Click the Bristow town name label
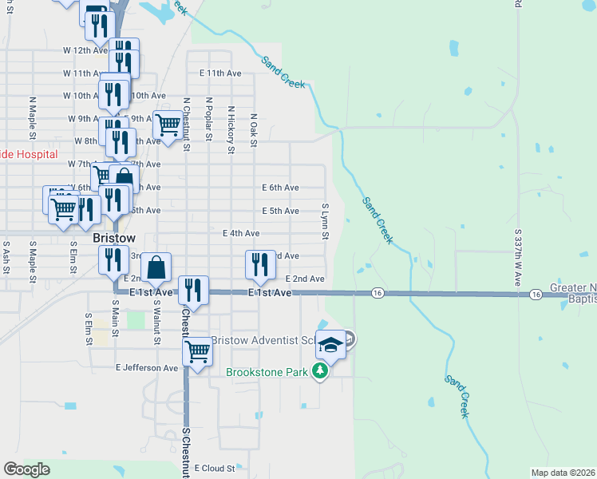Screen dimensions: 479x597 click(x=113, y=238)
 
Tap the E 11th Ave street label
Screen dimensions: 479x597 click(x=219, y=73)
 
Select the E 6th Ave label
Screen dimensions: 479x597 click(x=280, y=188)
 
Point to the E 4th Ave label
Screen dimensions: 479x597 click(x=241, y=233)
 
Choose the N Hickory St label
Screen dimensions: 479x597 click(x=230, y=129)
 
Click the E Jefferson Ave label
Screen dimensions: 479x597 click(x=147, y=368)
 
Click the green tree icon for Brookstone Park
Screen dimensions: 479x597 click(x=320, y=371)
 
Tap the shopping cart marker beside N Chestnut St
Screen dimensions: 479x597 click(x=168, y=125)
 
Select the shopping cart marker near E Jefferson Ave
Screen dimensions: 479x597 click(x=198, y=351)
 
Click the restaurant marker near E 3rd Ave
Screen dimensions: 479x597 click(x=259, y=264)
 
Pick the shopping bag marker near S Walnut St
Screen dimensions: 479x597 click(x=157, y=267)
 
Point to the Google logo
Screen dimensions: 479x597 click(x=26, y=469)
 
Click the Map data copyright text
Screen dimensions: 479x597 click(x=563, y=473)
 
